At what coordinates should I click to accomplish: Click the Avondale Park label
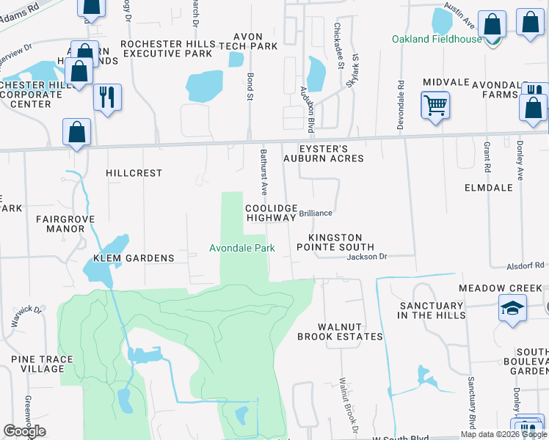pos(242,249)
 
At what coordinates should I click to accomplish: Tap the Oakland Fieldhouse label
pos(436,39)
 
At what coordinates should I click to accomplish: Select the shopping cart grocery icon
pos(435,105)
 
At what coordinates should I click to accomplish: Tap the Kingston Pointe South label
pos(340,243)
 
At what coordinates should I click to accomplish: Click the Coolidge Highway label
pos(271,213)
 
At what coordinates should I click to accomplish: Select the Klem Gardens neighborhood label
pos(134,258)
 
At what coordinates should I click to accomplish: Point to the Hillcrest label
pos(134,173)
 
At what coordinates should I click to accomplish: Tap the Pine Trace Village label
pos(37,364)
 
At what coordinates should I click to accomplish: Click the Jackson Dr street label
pos(366,257)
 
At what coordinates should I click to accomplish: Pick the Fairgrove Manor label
pos(62,224)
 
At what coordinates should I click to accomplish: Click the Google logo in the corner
pos(24,431)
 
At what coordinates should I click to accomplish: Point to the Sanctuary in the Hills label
pos(432,310)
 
